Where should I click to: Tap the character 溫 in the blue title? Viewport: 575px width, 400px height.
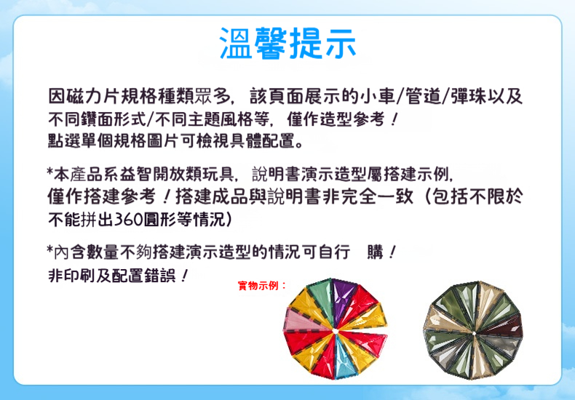[236, 43]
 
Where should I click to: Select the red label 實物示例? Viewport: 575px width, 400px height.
[259, 286]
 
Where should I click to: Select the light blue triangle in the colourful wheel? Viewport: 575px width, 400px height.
[342, 356]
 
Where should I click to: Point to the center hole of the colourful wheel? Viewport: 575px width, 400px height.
[336, 331]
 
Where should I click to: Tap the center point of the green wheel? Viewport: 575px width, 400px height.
[474, 333]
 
